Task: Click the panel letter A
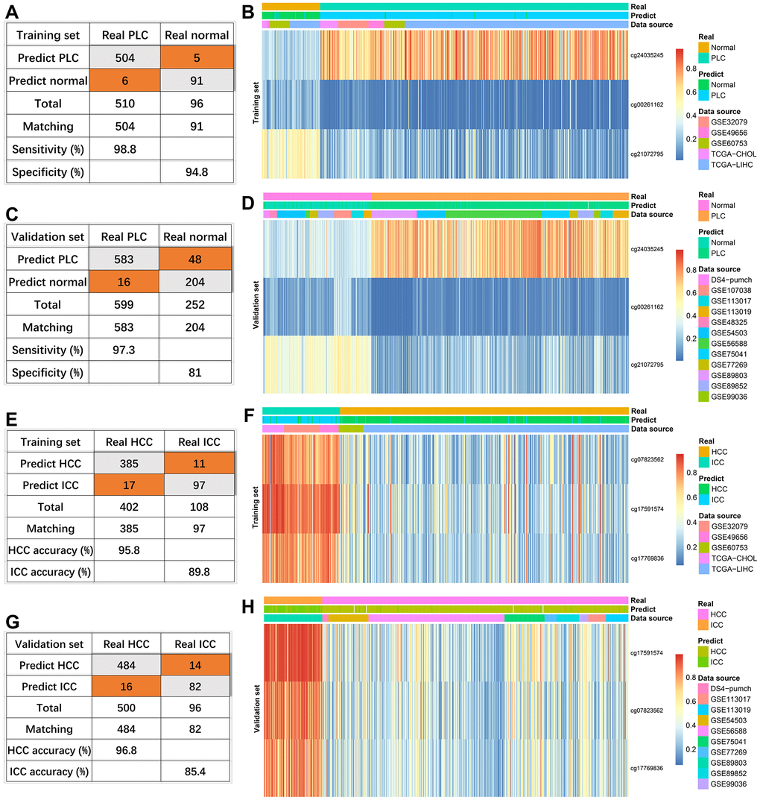tap(12, 13)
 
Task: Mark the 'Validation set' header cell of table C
tap(47, 237)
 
